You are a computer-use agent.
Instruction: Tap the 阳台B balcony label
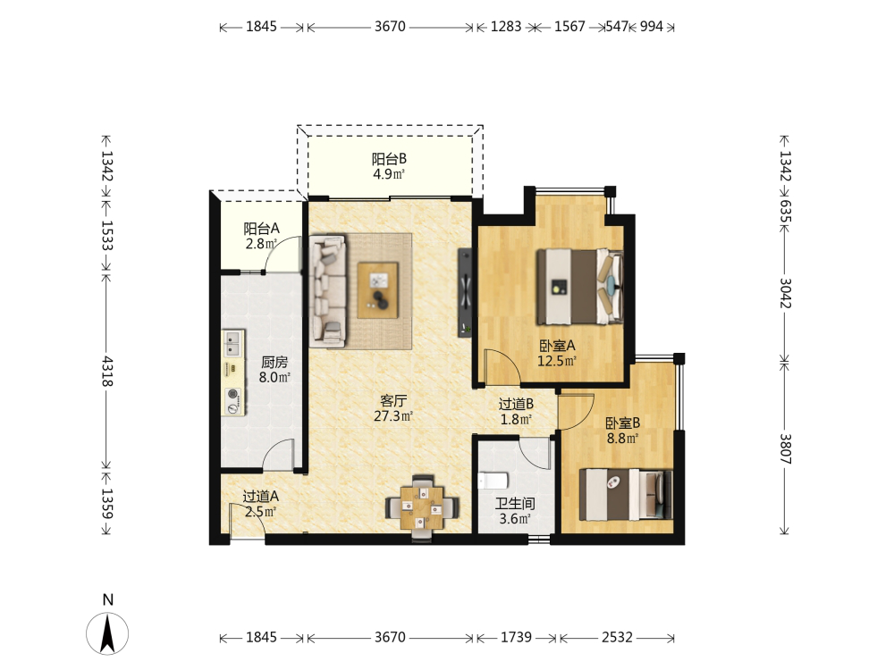(x=390, y=159)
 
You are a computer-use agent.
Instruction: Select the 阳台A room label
(x=261, y=229)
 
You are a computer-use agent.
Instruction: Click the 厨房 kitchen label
(x=274, y=362)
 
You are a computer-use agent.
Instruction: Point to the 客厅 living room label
(x=393, y=401)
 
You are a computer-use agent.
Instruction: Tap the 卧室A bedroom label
(x=557, y=346)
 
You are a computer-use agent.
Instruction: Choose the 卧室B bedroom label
(x=622, y=423)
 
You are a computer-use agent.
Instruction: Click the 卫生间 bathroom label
(x=515, y=504)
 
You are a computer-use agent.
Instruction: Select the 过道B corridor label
(x=516, y=404)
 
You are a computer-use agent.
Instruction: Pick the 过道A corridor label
(x=260, y=496)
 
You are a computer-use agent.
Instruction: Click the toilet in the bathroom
(x=493, y=481)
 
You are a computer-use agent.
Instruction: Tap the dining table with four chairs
(x=422, y=507)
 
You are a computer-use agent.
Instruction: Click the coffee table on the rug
(x=378, y=289)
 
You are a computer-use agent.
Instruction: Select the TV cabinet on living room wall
(x=465, y=293)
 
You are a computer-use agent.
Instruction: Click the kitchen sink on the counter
(x=232, y=344)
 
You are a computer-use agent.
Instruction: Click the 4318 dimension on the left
(x=106, y=372)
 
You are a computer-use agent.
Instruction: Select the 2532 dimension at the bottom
(x=617, y=637)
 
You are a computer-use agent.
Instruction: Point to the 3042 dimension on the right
(x=785, y=293)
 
